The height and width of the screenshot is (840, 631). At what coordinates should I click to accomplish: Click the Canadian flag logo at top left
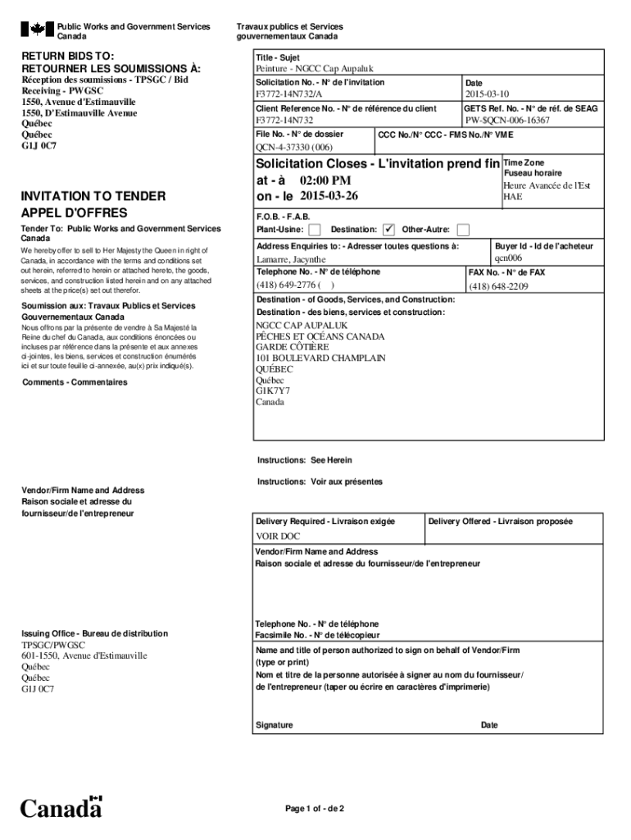pos(37,30)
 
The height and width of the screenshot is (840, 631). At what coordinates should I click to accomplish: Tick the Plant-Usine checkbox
pos(315,230)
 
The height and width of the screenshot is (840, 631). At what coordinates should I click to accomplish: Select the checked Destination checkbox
pos(389,230)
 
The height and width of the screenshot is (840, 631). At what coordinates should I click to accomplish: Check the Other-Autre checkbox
pos(463,230)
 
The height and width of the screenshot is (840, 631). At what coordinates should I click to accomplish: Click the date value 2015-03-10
pos(487,95)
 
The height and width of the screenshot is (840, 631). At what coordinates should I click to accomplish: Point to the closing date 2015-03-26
pos(329,196)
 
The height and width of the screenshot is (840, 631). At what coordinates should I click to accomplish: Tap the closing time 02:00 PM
pos(325,180)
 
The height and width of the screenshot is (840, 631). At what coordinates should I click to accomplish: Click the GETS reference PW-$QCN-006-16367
pos(506,121)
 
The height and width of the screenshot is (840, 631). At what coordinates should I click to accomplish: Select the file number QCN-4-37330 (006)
pos(293,148)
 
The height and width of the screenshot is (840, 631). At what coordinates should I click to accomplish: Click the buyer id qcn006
pos(507,258)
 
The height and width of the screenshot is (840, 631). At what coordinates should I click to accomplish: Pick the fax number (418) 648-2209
pos(498,286)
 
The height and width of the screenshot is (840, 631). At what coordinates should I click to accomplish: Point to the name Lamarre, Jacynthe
pos(290,260)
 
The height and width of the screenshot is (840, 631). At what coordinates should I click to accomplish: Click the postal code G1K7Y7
pos(273,391)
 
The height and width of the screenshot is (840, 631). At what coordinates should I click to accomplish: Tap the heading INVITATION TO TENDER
pos(93,196)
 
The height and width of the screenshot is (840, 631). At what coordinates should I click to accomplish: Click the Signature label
pos(274,725)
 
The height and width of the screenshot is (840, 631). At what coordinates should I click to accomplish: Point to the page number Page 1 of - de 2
pos(315,809)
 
